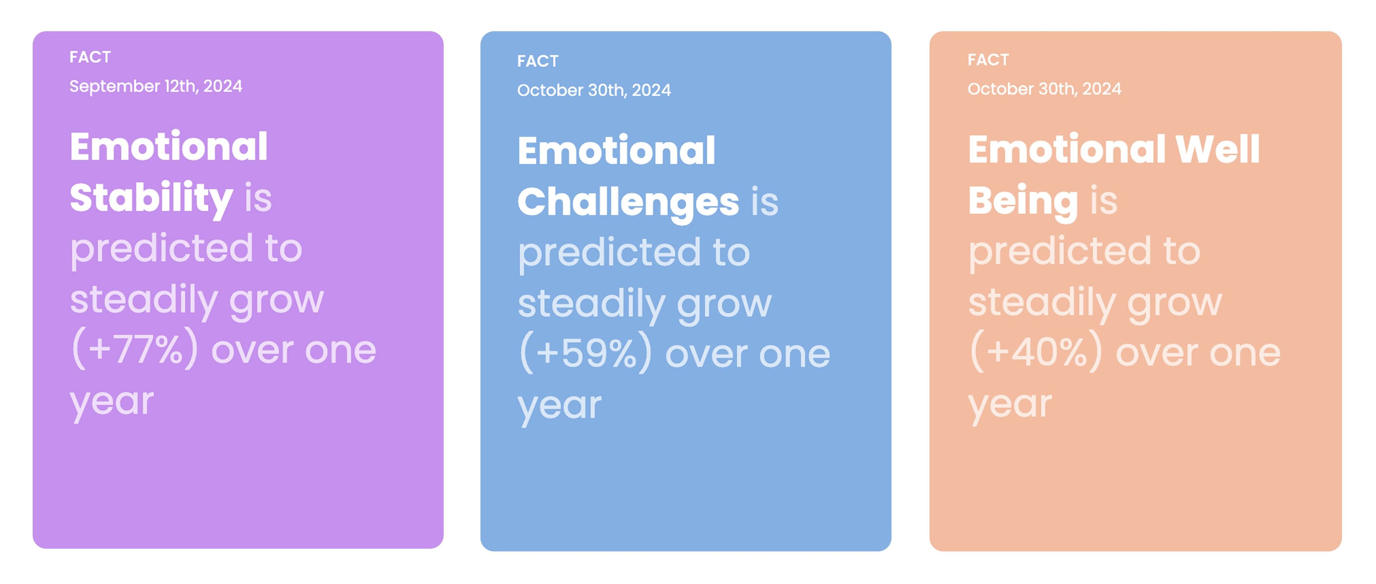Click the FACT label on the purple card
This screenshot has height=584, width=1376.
pos(90,57)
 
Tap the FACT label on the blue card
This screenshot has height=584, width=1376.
pos(537,61)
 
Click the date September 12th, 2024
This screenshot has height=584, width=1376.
pos(156,86)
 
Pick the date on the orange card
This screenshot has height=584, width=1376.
pos(1044,89)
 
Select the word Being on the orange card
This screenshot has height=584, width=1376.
pos(1023,201)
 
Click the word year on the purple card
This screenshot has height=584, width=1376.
pos(112,402)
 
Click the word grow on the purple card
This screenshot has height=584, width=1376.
pos(276,301)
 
